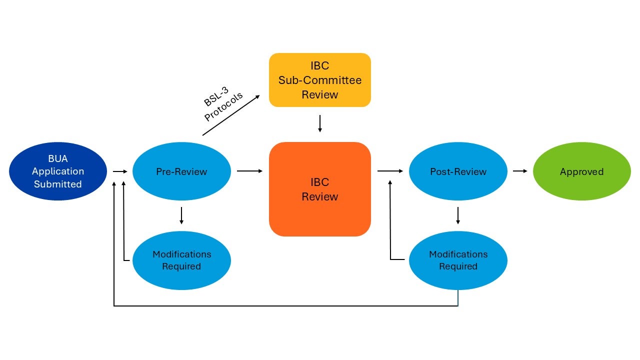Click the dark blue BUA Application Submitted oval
[58, 171]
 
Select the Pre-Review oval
[181, 171]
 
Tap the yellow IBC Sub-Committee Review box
[320, 80]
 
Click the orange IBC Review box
[320, 189]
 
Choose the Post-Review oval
[458, 171]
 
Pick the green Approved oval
[581, 171]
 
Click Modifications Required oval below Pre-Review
[181, 260]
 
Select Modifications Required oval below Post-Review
[458, 260]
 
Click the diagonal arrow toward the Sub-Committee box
[231, 114]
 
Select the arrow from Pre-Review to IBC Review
[249, 171]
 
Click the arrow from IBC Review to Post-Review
[390, 171]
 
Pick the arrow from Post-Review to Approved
[520, 171]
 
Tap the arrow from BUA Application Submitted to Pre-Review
[120, 171]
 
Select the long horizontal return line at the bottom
[285, 305]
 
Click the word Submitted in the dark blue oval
[58, 184]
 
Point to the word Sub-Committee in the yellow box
[320, 80]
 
